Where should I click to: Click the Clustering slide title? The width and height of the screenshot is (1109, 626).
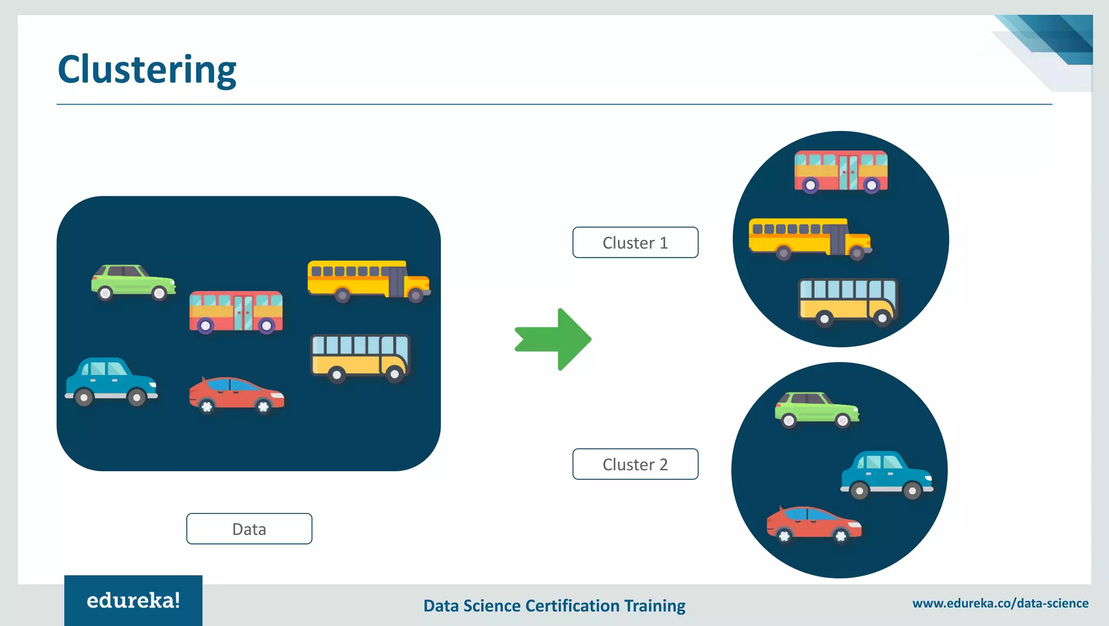(147, 69)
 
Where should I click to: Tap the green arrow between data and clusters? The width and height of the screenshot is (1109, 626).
(555, 340)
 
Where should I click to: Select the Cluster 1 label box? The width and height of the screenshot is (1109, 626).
(635, 242)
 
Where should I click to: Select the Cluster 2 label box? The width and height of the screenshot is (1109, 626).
(635, 464)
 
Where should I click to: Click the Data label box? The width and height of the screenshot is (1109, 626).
(249, 529)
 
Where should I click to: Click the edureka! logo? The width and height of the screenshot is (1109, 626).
(133, 601)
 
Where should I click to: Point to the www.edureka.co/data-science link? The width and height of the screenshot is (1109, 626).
(1000, 603)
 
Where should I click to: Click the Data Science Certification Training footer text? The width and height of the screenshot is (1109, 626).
(554, 605)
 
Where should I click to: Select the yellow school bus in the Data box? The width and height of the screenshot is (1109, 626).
(368, 280)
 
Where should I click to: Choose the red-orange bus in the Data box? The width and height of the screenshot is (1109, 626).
(236, 312)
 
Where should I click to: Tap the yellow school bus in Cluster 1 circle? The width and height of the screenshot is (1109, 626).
(810, 238)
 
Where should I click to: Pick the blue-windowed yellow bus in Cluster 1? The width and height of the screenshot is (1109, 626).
(848, 301)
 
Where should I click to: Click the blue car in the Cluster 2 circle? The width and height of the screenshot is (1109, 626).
(886, 474)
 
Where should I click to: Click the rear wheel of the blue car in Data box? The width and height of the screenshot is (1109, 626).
(84, 398)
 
